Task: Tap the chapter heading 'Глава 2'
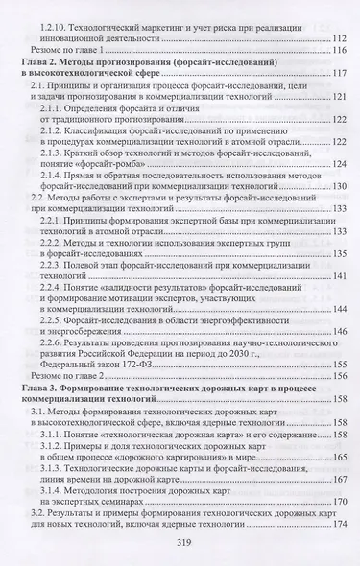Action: (x=38, y=61)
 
